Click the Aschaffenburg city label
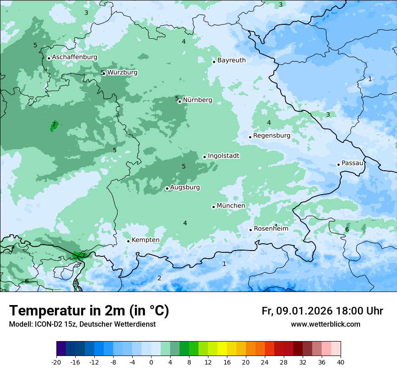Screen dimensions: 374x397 pos(74,57)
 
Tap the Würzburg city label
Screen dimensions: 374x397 pos(122,73)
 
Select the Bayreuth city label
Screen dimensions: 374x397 pos(231,60)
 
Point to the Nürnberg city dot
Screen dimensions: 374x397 pos(180,101)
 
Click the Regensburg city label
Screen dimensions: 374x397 pos(272,136)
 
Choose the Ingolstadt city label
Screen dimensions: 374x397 pos(223,156)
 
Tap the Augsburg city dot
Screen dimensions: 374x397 pos(167,189)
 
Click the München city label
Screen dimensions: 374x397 pos(231,206)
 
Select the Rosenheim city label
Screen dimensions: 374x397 pos(271,229)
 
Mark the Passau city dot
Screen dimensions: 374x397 pos(338,164)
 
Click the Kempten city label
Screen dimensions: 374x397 pos(145,240)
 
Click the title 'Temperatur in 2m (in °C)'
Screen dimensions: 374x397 pos(89,311)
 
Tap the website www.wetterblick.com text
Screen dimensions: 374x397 pos(325,324)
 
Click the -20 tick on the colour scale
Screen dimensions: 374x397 pos(56,362)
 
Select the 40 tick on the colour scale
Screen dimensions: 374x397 pos(341,362)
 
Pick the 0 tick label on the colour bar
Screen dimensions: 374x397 pos(151,362)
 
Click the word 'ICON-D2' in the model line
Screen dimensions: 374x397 pos(46,324)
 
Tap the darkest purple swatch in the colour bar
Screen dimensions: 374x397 pos(61,349)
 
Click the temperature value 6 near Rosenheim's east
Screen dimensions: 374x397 pos(347,230)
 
